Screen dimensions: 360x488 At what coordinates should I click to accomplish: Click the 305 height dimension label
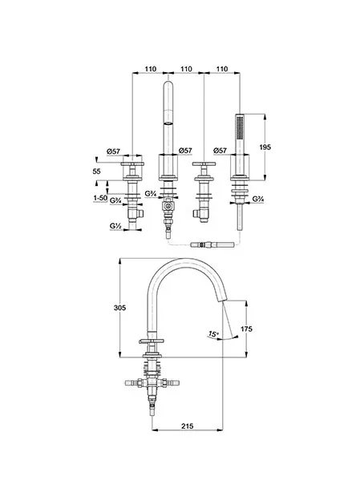point(120,308)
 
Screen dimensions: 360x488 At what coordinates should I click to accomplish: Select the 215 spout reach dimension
point(187,425)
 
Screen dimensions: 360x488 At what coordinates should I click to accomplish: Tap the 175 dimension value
point(247,329)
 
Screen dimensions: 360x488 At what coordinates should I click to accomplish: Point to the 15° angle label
point(213,334)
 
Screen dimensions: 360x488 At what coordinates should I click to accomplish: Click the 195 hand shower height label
point(265,147)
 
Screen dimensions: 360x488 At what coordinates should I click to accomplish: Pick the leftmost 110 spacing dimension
point(151,69)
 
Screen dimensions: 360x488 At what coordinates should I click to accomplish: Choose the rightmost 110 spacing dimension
point(222,69)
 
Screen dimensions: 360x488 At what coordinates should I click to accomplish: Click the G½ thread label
point(115,226)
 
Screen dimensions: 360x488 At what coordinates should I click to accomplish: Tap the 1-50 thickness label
point(100,198)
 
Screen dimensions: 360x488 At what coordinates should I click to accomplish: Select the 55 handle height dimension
point(97,171)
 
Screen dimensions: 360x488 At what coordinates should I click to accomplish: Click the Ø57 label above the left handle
point(113,151)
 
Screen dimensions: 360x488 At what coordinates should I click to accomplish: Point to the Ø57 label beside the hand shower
point(220,151)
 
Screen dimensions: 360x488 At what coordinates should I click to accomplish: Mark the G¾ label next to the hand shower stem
point(258,199)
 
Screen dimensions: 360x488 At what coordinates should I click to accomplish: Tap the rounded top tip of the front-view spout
point(168,83)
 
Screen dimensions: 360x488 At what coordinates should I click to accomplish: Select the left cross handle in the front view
point(132,163)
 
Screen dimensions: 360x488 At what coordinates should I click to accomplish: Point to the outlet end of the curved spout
point(222,300)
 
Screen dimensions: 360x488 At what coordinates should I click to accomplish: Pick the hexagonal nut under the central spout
point(168,206)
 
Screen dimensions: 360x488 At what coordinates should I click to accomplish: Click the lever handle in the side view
point(150,341)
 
